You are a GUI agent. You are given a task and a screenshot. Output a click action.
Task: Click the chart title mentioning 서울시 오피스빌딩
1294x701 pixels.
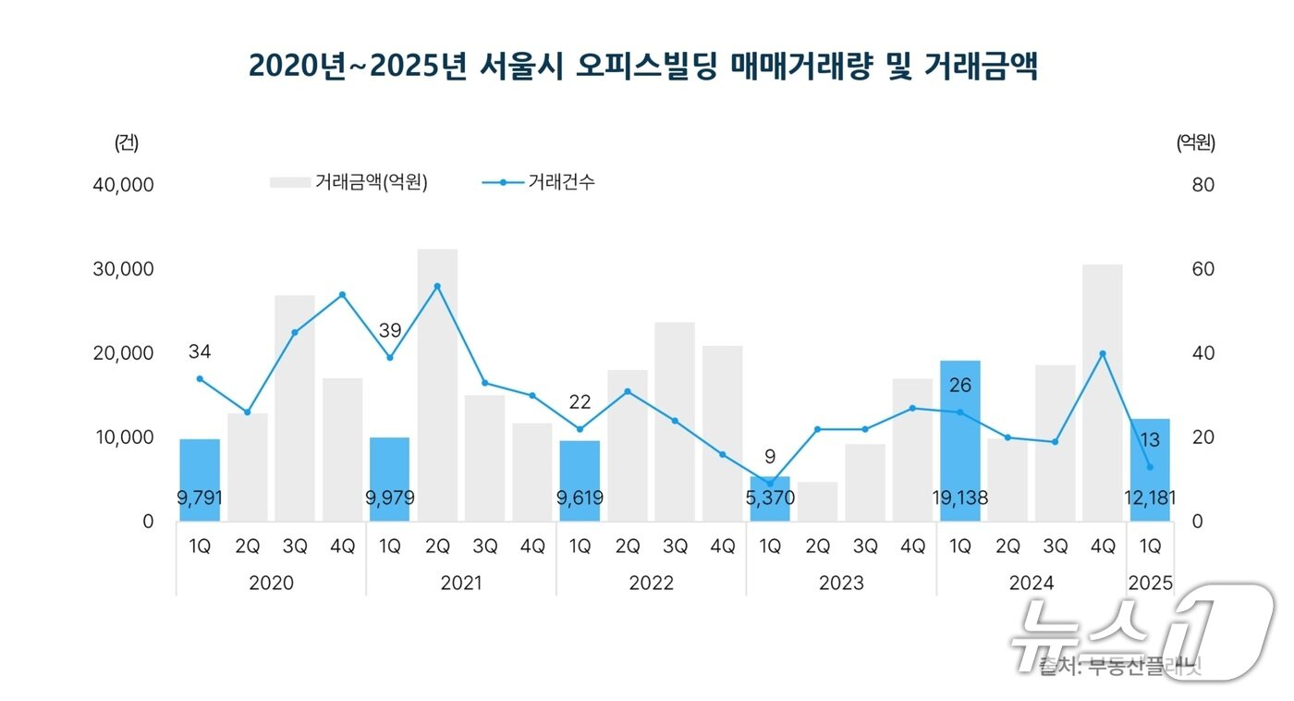point(643,66)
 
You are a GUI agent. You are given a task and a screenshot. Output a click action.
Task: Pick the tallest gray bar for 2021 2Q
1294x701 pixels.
point(437,384)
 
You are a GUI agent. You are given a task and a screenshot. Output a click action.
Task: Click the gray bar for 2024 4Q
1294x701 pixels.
point(1103,393)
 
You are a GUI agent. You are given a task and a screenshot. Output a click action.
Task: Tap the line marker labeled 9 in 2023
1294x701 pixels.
point(770,484)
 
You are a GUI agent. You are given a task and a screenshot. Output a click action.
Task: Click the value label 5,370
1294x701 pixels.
point(770,498)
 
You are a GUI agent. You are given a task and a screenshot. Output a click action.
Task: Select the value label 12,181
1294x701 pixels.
point(1150,498)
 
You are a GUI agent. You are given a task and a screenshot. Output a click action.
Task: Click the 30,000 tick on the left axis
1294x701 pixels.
point(123,269)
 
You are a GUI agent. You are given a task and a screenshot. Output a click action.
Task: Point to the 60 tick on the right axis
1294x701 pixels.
point(1202,269)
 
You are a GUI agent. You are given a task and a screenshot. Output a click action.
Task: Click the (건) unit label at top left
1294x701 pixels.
point(127,143)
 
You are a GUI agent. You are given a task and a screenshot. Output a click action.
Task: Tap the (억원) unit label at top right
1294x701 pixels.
point(1195,143)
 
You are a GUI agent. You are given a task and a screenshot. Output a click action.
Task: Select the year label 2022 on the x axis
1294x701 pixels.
point(651,584)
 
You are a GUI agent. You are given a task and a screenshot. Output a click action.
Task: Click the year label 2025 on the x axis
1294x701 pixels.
point(1150,584)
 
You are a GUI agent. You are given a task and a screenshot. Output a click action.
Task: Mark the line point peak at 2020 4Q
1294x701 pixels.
point(342,295)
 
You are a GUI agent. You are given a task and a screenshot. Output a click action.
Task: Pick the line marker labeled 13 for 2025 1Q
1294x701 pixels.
point(1150,467)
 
